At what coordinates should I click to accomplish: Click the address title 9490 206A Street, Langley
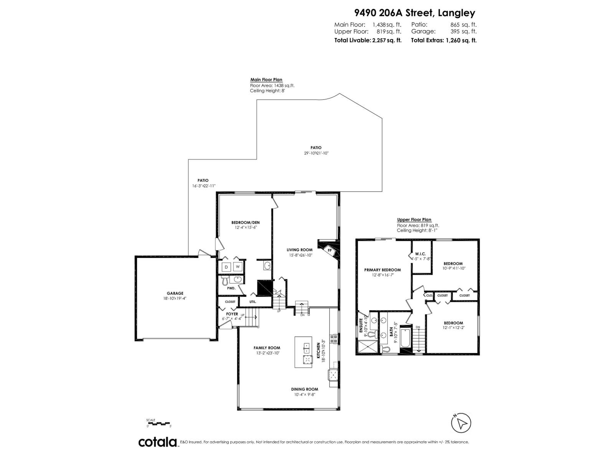tap(414, 13)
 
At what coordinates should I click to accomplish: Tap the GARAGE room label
tap(175, 293)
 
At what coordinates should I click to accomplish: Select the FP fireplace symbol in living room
tap(329, 250)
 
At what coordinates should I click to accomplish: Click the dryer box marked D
tap(226, 267)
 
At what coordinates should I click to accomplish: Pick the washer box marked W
tap(238, 267)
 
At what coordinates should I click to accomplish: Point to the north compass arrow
tap(461, 423)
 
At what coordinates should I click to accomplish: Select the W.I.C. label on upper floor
tap(421, 254)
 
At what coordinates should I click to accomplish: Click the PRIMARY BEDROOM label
tap(382, 270)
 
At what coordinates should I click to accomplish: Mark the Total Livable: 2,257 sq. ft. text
tap(368, 40)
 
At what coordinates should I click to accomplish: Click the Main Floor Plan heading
tap(266, 80)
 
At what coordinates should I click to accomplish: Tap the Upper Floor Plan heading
tap(414, 220)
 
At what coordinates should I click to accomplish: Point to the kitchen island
tap(303, 352)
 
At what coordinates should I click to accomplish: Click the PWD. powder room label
tap(231, 288)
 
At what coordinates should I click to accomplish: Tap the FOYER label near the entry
tap(232, 314)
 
